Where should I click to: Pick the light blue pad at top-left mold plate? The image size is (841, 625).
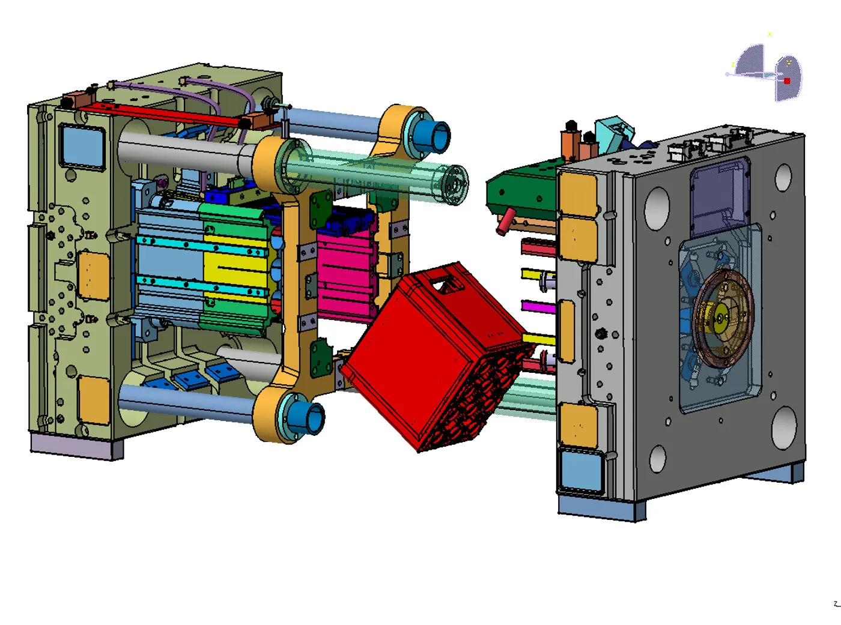point(82,146)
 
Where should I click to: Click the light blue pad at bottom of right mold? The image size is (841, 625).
point(581,470)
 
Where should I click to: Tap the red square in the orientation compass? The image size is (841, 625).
point(787,80)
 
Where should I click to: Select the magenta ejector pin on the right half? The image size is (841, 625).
point(538,306)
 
